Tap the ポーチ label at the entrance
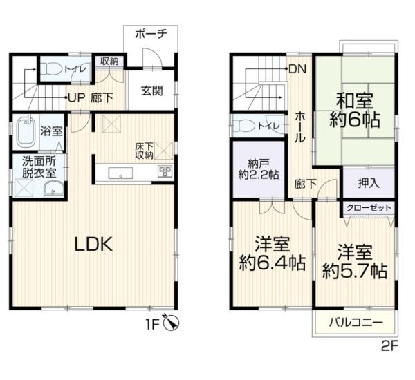click(x=150, y=34)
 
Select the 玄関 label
click(x=153, y=90)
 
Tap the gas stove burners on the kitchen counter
click(x=165, y=172)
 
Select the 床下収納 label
click(x=145, y=150)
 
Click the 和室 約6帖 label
click(x=354, y=109)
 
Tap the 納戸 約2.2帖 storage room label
click(x=257, y=169)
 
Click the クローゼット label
click(x=367, y=207)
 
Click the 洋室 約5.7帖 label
click(x=354, y=260)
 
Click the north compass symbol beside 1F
click(x=174, y=322)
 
